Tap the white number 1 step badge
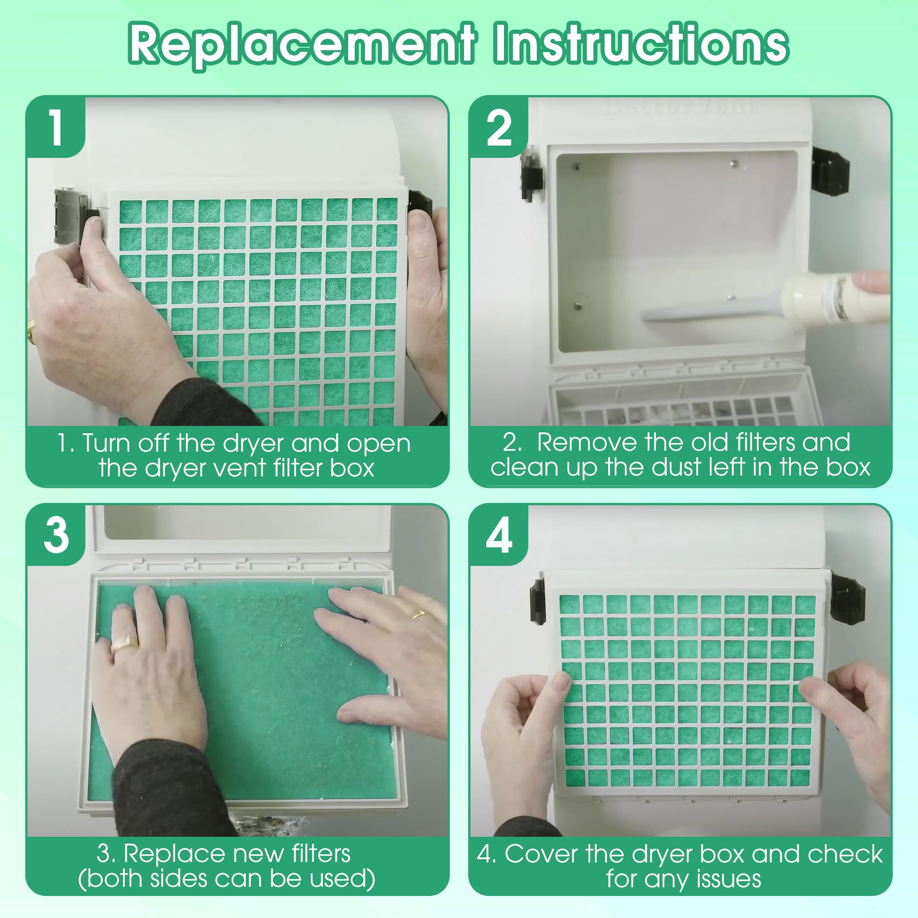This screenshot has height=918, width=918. coord(56,127)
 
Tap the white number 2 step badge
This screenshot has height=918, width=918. coord(499,128)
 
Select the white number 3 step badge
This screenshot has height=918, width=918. coord(56,535)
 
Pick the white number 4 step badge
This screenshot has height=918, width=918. coord(499,536)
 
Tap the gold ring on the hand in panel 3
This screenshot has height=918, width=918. coord(124,643)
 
